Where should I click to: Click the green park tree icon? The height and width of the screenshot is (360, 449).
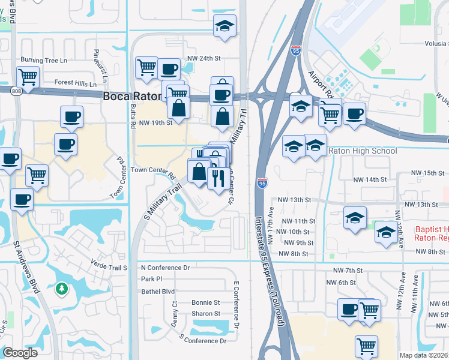click(61, 289)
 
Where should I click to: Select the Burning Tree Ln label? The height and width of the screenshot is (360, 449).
click(44, 60)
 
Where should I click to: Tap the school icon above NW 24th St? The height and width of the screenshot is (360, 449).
click(225, 26)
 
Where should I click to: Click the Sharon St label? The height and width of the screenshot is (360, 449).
click(206, 314)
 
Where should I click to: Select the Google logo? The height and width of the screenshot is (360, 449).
click(20, 353)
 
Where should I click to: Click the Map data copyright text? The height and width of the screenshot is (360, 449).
click(424, 355)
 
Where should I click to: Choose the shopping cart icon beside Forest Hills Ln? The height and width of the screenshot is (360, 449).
click(28, 77)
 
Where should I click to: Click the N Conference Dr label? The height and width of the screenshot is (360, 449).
click(165, 267)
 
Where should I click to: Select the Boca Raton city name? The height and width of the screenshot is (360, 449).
click(133, 96)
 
